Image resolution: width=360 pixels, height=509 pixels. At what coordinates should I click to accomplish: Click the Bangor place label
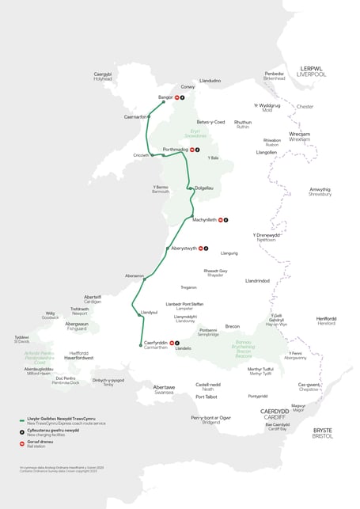pos(165,97)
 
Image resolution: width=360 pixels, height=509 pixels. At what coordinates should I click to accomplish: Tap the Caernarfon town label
pos(136,117)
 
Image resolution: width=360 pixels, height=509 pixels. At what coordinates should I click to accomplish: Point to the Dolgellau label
pos(204,188)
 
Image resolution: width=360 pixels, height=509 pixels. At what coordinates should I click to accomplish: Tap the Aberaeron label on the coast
pos(134,275)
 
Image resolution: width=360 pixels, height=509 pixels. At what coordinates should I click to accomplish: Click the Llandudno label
pos(210,81)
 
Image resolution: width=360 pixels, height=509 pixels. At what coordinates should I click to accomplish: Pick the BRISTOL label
pos(323,436)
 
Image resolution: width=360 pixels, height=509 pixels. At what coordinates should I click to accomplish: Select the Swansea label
pos(164,392)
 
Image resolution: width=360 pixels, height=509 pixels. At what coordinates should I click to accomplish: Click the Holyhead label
pos(103,79)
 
